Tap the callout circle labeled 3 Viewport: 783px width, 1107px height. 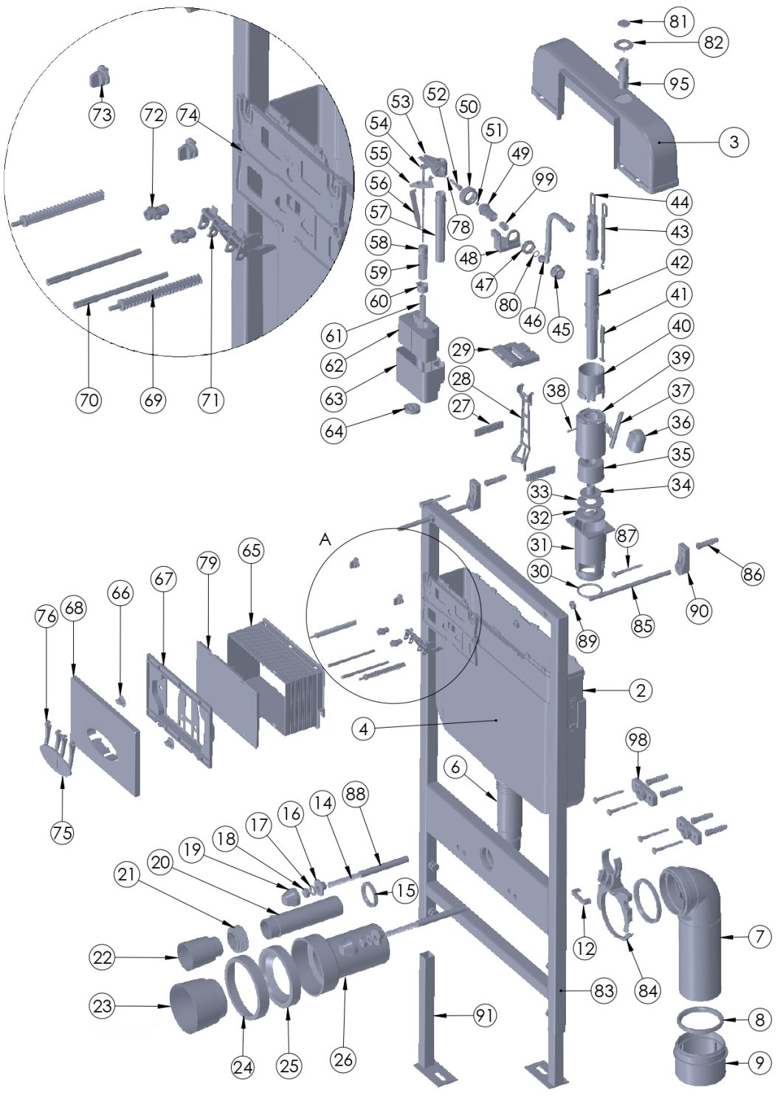(x=733, y=142)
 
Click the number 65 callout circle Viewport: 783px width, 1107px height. (x=251, y=551)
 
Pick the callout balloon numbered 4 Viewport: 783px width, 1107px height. (x=362, y=729)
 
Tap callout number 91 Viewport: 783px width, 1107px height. (x=483, y=1015)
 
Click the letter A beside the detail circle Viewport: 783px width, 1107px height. (x=325, y=540)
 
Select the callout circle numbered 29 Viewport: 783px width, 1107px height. (x=463, y=347)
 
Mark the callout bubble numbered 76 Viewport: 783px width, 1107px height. (x=46, y=617)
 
